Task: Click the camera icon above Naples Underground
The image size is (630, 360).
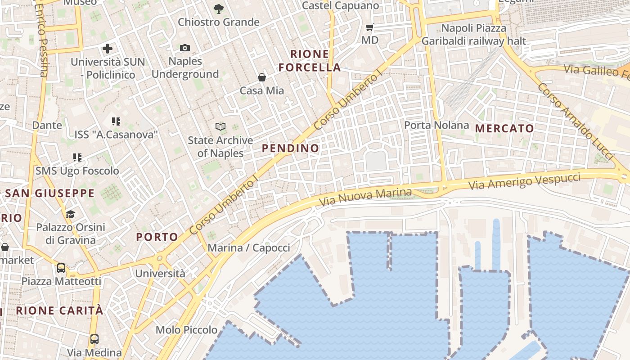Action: (185, 48)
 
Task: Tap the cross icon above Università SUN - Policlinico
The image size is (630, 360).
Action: (108, 49)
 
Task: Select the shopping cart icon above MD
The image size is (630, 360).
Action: (370, 27)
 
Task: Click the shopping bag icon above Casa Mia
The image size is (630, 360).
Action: (262, 77)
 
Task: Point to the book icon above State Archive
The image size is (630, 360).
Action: (220, 127)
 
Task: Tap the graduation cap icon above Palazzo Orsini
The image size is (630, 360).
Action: (70, 214)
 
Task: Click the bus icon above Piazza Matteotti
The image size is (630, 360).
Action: (61, 268)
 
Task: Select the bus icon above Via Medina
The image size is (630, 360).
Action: (94, 339)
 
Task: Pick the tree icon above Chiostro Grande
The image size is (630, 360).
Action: (219, 9)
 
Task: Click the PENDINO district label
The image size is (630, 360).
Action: (290, 148)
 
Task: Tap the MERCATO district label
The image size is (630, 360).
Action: (504, 128)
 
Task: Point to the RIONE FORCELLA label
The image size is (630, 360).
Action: (310, 61)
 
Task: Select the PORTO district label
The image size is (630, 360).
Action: (157, 237)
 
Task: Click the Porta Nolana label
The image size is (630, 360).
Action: (436, 125)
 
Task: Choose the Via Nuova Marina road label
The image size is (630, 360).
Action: (365, 198)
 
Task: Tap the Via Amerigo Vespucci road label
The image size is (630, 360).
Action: (524, 181)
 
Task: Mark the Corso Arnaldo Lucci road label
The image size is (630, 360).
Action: (575, 121)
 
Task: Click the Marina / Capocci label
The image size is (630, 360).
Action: (249, 247)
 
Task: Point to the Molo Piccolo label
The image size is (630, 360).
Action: (186, 330)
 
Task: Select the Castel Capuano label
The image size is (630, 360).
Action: (341, 6)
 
